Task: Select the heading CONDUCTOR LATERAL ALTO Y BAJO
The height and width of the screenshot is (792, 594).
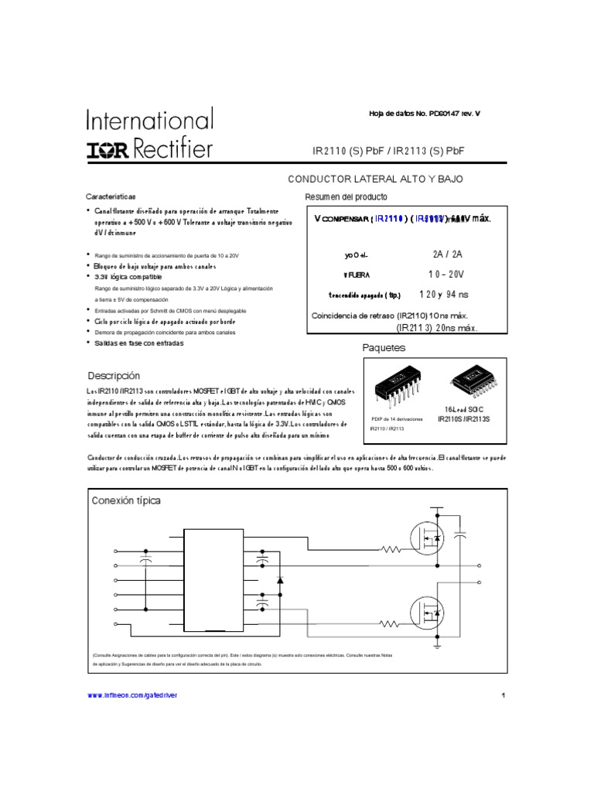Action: point(376,179)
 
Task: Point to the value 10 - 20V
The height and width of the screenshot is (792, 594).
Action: point(446,274)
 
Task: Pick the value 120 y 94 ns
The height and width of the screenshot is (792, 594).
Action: point(443,295)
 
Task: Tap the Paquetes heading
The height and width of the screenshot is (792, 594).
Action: point(384,348)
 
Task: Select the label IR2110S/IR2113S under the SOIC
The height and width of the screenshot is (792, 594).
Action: point(464,418)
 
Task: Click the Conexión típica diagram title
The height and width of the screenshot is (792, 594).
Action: point(126,501)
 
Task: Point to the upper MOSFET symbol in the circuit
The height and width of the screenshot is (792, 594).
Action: point(428,538)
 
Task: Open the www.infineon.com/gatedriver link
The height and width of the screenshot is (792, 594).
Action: point(132,695)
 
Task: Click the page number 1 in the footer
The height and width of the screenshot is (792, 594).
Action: point(502,695)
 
